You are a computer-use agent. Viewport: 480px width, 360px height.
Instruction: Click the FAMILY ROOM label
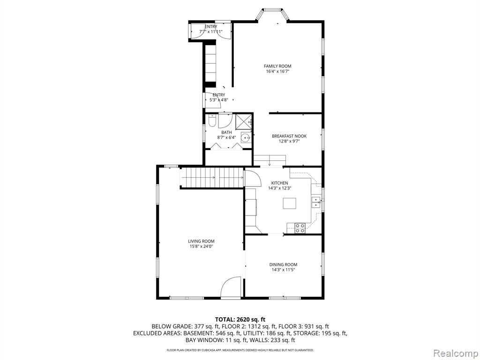[277, 66]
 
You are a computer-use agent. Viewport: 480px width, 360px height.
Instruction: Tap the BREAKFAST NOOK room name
[289, 136]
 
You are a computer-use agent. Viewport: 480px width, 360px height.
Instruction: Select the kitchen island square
[289, 203]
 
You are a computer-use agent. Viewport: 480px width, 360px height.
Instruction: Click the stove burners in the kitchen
[300, 228]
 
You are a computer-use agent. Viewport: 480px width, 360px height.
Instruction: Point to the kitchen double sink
[315, 202]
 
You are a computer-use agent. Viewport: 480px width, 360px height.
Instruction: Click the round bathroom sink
[246, 138]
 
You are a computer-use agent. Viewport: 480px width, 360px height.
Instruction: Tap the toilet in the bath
[212, 121]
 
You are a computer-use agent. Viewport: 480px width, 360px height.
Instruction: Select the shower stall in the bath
[243, 122]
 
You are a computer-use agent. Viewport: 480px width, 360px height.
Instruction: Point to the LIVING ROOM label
[201, 241]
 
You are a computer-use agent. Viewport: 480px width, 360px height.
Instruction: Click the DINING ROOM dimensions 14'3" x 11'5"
[283, 270]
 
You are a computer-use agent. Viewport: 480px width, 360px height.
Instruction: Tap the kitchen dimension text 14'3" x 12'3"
[279, 188]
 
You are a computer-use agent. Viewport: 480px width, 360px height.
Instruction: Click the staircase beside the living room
[212, 177]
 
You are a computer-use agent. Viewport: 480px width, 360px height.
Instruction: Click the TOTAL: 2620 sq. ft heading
[240, 320]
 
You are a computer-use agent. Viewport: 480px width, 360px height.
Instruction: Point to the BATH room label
[226, 132]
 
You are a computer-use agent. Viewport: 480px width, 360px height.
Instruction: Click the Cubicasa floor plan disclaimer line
[240, 350]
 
